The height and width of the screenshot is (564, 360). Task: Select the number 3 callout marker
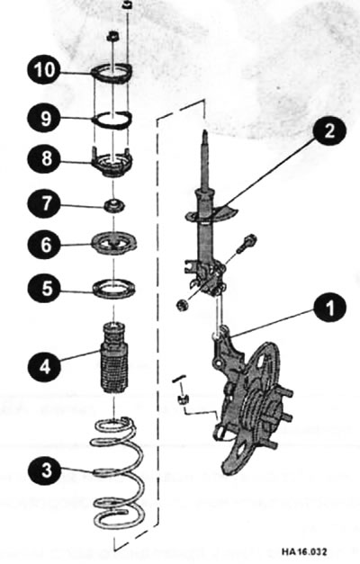[42, 468]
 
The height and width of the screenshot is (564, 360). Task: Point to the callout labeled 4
[42, 366]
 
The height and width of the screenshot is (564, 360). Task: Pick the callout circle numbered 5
[42, 290]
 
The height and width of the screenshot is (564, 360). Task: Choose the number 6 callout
[42, 243]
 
